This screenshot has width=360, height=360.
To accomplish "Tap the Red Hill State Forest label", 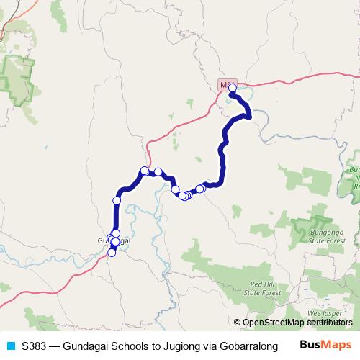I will point(261,289).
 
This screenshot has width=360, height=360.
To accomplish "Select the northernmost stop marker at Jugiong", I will point(233,89).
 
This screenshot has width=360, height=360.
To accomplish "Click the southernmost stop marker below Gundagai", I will point(112,252).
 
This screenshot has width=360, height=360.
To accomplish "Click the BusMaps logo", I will point(322,345).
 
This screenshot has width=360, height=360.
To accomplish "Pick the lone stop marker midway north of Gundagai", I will point(117,200).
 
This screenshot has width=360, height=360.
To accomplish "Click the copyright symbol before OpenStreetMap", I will point(238,323).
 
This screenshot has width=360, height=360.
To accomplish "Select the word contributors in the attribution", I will point(325,323).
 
